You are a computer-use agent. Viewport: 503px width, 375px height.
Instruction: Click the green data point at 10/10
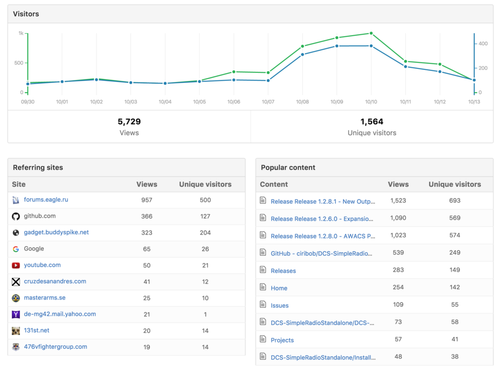click(x=371, y=33)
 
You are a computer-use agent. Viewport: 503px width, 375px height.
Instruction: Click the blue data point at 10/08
click(x=302, y=54)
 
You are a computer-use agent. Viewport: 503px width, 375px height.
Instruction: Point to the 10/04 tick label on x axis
click(x=165, y=102)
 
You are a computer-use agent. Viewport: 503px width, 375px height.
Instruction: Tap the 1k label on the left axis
click(x=21, y=33)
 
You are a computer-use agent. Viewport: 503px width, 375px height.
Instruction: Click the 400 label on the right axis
click(x=483, y=44)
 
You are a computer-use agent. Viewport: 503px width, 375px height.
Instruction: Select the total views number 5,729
click(x=129, y=122)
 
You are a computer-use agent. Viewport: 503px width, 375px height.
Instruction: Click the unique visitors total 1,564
click(x=372, y=122)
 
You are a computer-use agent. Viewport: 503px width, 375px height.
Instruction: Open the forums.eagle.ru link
click(x=46, y=200)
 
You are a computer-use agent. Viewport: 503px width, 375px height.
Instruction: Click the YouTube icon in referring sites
click(x=16, y=265)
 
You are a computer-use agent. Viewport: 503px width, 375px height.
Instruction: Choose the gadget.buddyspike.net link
click(x=56, y=232)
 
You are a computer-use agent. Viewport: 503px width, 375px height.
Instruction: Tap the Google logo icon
click(x=16, y=249)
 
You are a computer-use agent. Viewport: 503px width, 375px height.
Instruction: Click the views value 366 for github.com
click(x=147, y=216)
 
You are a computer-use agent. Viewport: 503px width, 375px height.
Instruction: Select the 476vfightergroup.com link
click(x=55, y=347)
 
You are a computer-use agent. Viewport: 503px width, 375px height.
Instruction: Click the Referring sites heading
click(x=38, y=167)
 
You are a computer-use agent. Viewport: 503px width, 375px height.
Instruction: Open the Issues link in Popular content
click(x=280, y=306)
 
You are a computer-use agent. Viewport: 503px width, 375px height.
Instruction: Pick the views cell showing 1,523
click(x=398, y=201)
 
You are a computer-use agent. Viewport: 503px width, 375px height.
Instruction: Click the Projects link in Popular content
click(x=282, y=340)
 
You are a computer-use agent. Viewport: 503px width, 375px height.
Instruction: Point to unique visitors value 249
click(x=455, y=252)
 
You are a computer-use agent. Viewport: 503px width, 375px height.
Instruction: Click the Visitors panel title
click(x=26, y=14)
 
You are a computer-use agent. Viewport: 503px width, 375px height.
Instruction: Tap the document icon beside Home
click(x=263, y=287)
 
